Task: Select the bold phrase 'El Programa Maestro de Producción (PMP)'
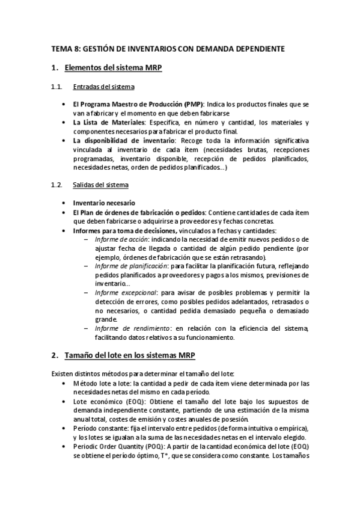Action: (x=138, y=105)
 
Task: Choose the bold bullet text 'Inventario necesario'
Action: (x=104, y=203)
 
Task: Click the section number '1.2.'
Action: (x=56, y=184)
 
